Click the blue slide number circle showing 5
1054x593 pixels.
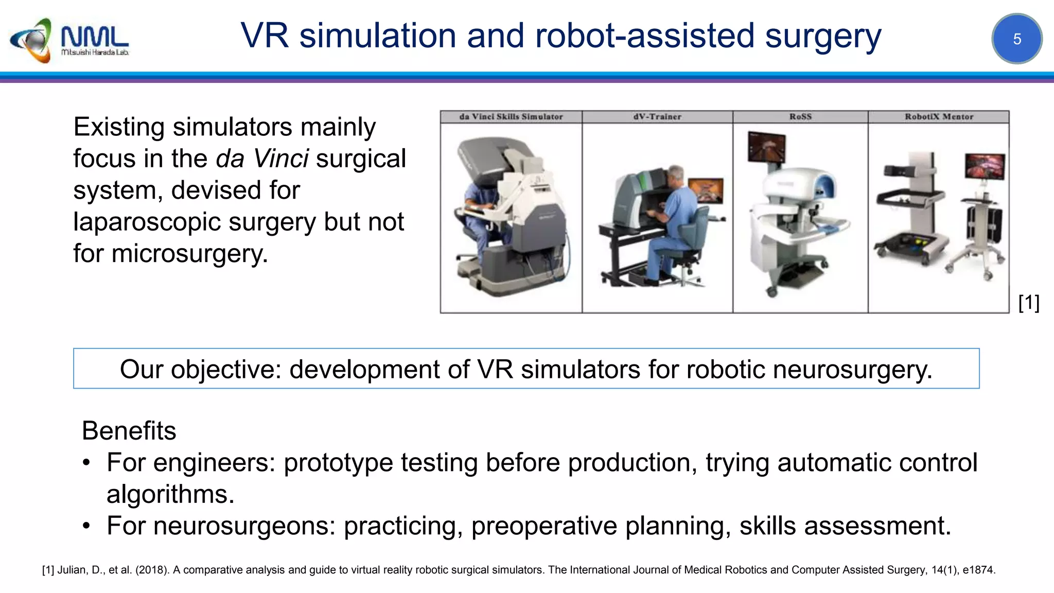[x=1016, y=39]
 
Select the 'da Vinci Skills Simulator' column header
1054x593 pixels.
[x=511, y=117]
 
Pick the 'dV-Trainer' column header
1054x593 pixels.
[x=657, y=117]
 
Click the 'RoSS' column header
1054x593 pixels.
[x=800, y=117]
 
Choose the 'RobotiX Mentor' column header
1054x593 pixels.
[x=939, y=117]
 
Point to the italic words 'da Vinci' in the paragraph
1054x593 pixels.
[x=262, y=159]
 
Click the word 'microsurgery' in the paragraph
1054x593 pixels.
[x=189, y=254]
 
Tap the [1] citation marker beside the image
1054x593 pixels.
[x=1029, y=303]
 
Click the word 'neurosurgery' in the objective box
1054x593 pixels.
[x=852, y=369]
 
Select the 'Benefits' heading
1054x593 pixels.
[x=129, y=430]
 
